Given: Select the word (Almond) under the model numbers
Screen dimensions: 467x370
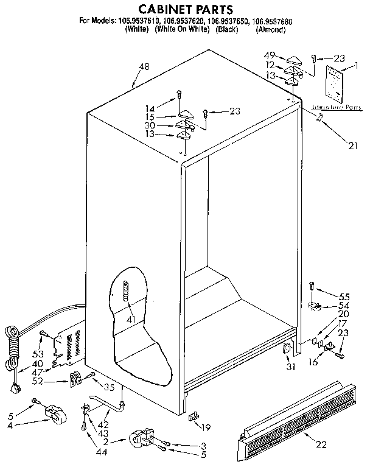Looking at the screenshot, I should (x=270, y=29).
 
